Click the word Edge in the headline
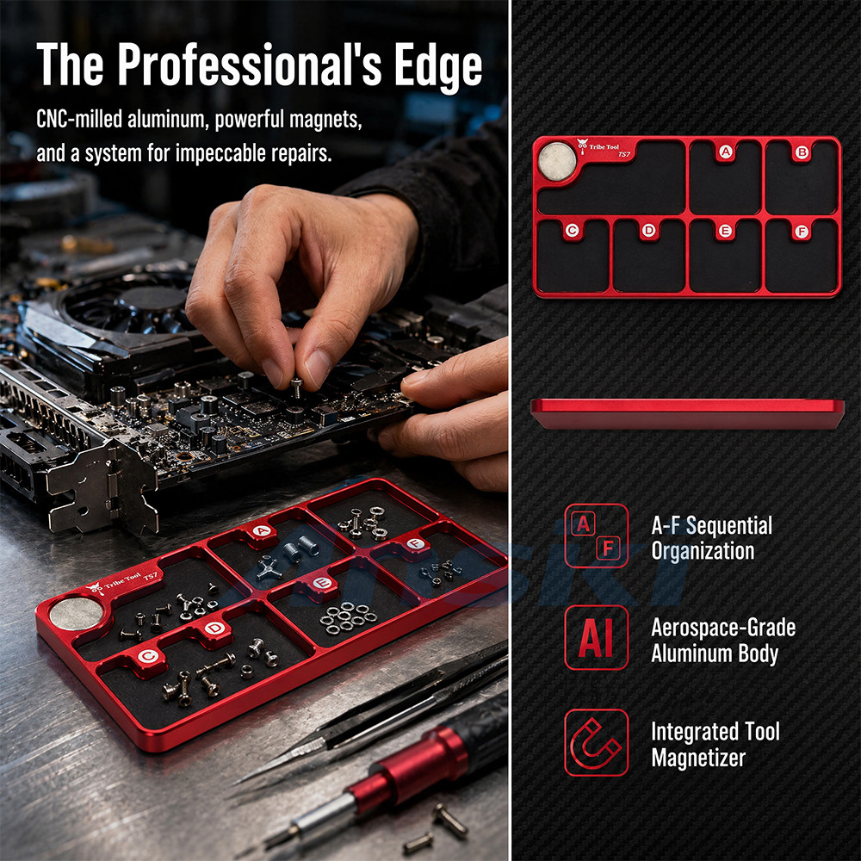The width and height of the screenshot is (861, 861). (437, 65)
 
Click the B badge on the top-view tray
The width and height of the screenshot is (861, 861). (802, 152)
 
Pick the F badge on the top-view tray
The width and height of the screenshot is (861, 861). (802, 231)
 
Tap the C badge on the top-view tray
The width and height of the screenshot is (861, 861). (573, 231)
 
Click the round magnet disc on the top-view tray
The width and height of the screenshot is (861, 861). (557, 162)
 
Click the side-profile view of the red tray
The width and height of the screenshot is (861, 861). (687, 414)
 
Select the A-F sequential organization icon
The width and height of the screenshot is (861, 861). (597, 536)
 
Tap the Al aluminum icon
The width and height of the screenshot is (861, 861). (597, 638)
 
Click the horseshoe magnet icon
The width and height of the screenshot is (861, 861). (597, 742)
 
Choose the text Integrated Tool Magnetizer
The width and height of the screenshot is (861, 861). (715, 745)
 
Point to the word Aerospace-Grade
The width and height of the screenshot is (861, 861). (723, 628)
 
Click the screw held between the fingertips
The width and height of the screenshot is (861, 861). (296, 387)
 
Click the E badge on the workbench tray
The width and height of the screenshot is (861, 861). (322, 583)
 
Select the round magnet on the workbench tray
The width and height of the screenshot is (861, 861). (76, 613)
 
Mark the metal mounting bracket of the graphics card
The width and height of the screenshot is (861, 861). (102, 486)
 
